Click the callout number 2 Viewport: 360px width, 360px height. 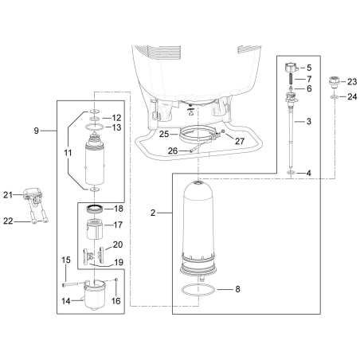coord(153,213)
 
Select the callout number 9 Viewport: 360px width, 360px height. coord(37,129)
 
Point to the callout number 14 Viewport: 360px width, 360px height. coord(68,301)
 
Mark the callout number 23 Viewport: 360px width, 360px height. coord(353,81)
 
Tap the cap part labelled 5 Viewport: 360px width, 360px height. coord(288,68)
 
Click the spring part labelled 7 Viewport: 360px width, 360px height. coord(288,80)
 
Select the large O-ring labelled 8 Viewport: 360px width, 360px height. coord(198,290)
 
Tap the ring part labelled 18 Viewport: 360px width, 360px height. coord(95,209)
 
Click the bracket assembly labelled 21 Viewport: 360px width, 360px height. coord(32,195)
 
